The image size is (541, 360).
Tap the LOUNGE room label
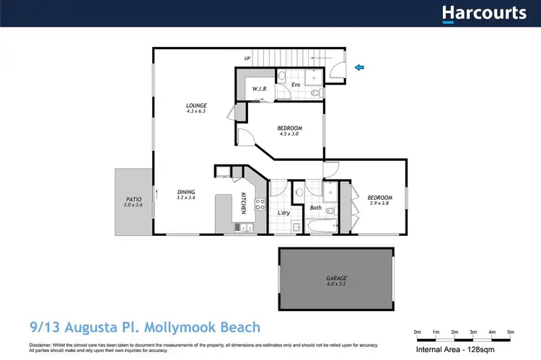[196, 105]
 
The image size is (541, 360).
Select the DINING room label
[187, 192]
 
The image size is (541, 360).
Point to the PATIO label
[133, 199]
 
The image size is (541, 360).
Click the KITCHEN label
[244, 203]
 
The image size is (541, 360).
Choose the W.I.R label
[260, 89]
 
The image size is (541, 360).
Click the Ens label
[296, 84]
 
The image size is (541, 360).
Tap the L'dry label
[283, 213]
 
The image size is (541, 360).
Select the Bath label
[316, 208]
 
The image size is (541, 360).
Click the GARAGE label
[336, 278]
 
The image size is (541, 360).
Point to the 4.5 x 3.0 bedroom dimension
[288, 134]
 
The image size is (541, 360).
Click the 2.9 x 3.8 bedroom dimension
[379, 204]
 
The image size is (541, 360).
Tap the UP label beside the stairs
[247, 58]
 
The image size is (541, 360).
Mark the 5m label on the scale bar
[511, 331]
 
